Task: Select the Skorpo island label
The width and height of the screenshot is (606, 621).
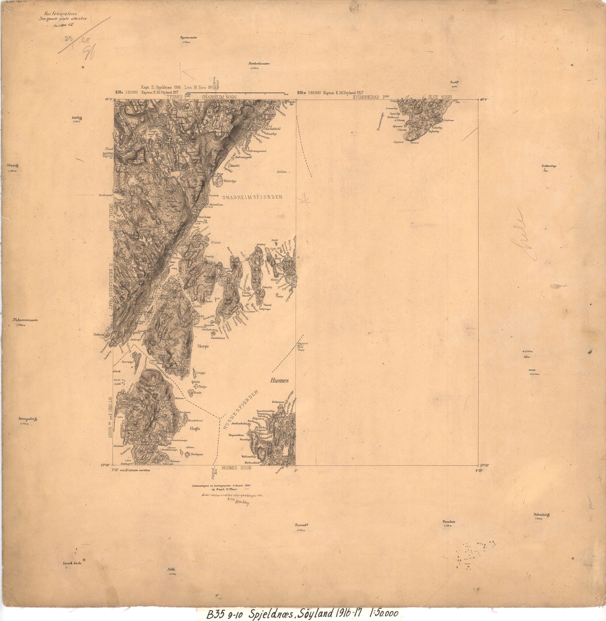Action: pyautogui.click(x=203, y=346)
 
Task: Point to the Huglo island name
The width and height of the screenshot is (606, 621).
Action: pyautogui.click(x=195, y=429)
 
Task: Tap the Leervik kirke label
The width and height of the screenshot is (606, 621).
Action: pyautogui.click(x=72, y=563)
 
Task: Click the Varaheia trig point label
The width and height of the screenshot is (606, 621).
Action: pyautogui.click(x=449, y=522)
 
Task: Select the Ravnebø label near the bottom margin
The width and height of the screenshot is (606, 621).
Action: pyautogui.click(x=302, y=525)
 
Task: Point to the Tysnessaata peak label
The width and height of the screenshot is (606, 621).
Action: pyautogui.click(x=188, y=37)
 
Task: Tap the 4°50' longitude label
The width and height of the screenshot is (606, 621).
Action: pyautogui.click(x=480, y=470)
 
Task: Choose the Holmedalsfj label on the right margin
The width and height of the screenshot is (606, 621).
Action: pyautogui.click(x=541, y=514)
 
